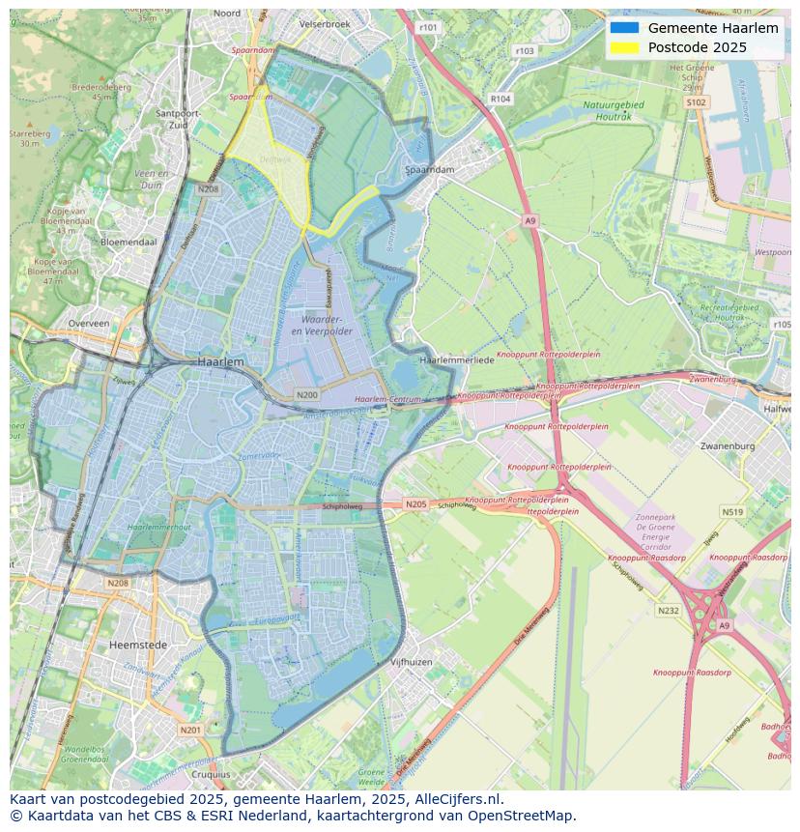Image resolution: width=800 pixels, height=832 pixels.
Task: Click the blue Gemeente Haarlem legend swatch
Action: point(625,28)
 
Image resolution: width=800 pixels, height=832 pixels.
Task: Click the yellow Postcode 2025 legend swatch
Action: point(625,47)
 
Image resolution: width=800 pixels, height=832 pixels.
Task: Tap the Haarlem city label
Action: point(220,360)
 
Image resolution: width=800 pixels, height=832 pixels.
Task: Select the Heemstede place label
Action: point(138,645)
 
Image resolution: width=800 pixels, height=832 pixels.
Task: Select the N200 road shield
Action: point(307,394)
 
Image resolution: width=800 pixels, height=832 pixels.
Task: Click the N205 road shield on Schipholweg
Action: point(415,504)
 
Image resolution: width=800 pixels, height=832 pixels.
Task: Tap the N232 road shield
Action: point(668,611)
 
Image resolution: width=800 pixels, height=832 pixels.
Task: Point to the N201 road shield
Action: point(190,730)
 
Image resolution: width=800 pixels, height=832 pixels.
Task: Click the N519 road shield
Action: point(731,512)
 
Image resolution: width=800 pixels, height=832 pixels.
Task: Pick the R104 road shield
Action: point(500,99)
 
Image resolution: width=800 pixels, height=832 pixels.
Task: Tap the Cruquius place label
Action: point(211,774)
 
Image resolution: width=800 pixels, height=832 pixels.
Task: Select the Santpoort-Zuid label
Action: point(178,118)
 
